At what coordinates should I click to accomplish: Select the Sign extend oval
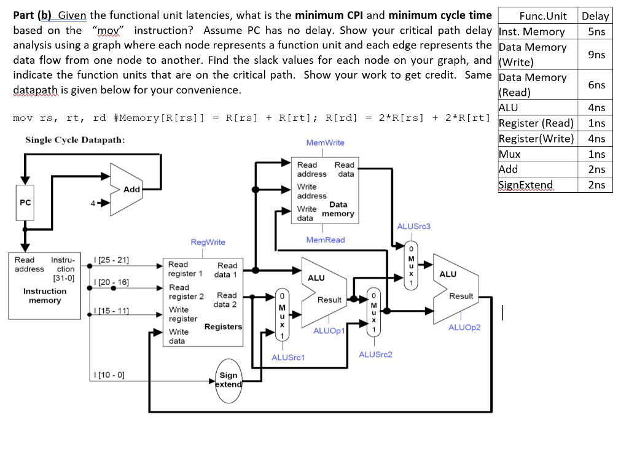click(x=228, y=379)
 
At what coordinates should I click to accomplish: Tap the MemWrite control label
click(x=325, y=142)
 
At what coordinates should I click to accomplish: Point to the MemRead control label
click(x=325, y=239)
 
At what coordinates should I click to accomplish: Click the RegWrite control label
click(x=208, y=242)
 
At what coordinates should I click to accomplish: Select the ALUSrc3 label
click(x=414, y=227)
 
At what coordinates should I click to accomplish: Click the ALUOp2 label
click(x=464, y=327)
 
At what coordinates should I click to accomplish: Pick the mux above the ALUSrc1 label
click(x=281, y=315)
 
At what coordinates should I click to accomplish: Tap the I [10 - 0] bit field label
click(x=108, y=374)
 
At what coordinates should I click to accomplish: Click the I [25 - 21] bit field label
click(x=111, y=260)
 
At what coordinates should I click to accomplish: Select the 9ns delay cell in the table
click(x=596, y=55)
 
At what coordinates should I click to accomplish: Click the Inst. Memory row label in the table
click(x=532, y=32)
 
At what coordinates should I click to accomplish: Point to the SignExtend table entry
click(x=526, y=185)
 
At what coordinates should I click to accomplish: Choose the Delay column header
click(x=595, y=16)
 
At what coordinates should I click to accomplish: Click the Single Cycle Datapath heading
click(x=75, y=140)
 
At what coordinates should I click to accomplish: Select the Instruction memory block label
click(x=45, y=295)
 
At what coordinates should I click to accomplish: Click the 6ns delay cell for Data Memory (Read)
click(x=596, y=85)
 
